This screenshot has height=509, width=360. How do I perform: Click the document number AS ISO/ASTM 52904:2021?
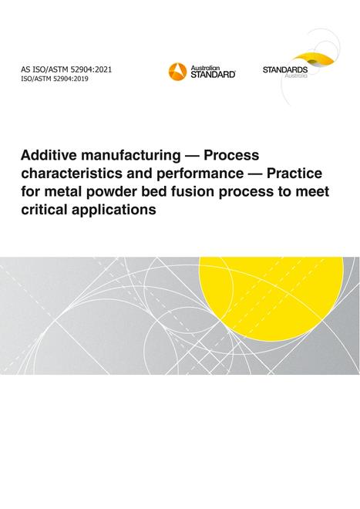coord(66,69)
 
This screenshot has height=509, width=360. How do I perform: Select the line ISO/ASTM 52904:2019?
coord(55,79)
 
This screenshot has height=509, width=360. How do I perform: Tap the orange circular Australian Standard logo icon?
coord(177,72)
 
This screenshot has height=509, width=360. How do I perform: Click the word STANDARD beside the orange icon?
coord(213,74)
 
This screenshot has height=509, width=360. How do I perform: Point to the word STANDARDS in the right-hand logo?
coord(285,69)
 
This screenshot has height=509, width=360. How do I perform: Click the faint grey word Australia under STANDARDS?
coord(296,76)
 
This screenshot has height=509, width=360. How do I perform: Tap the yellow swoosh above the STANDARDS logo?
coord(312,59)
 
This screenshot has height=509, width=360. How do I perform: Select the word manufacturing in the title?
coord(130,157)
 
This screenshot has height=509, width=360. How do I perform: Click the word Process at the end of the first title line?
coord(231,155)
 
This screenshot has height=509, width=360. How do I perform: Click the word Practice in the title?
coord(294,173)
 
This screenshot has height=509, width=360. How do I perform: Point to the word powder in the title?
coord(105,192)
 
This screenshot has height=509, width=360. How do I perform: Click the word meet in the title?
coord(312,191)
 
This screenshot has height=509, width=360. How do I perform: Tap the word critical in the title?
coord(44,209)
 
